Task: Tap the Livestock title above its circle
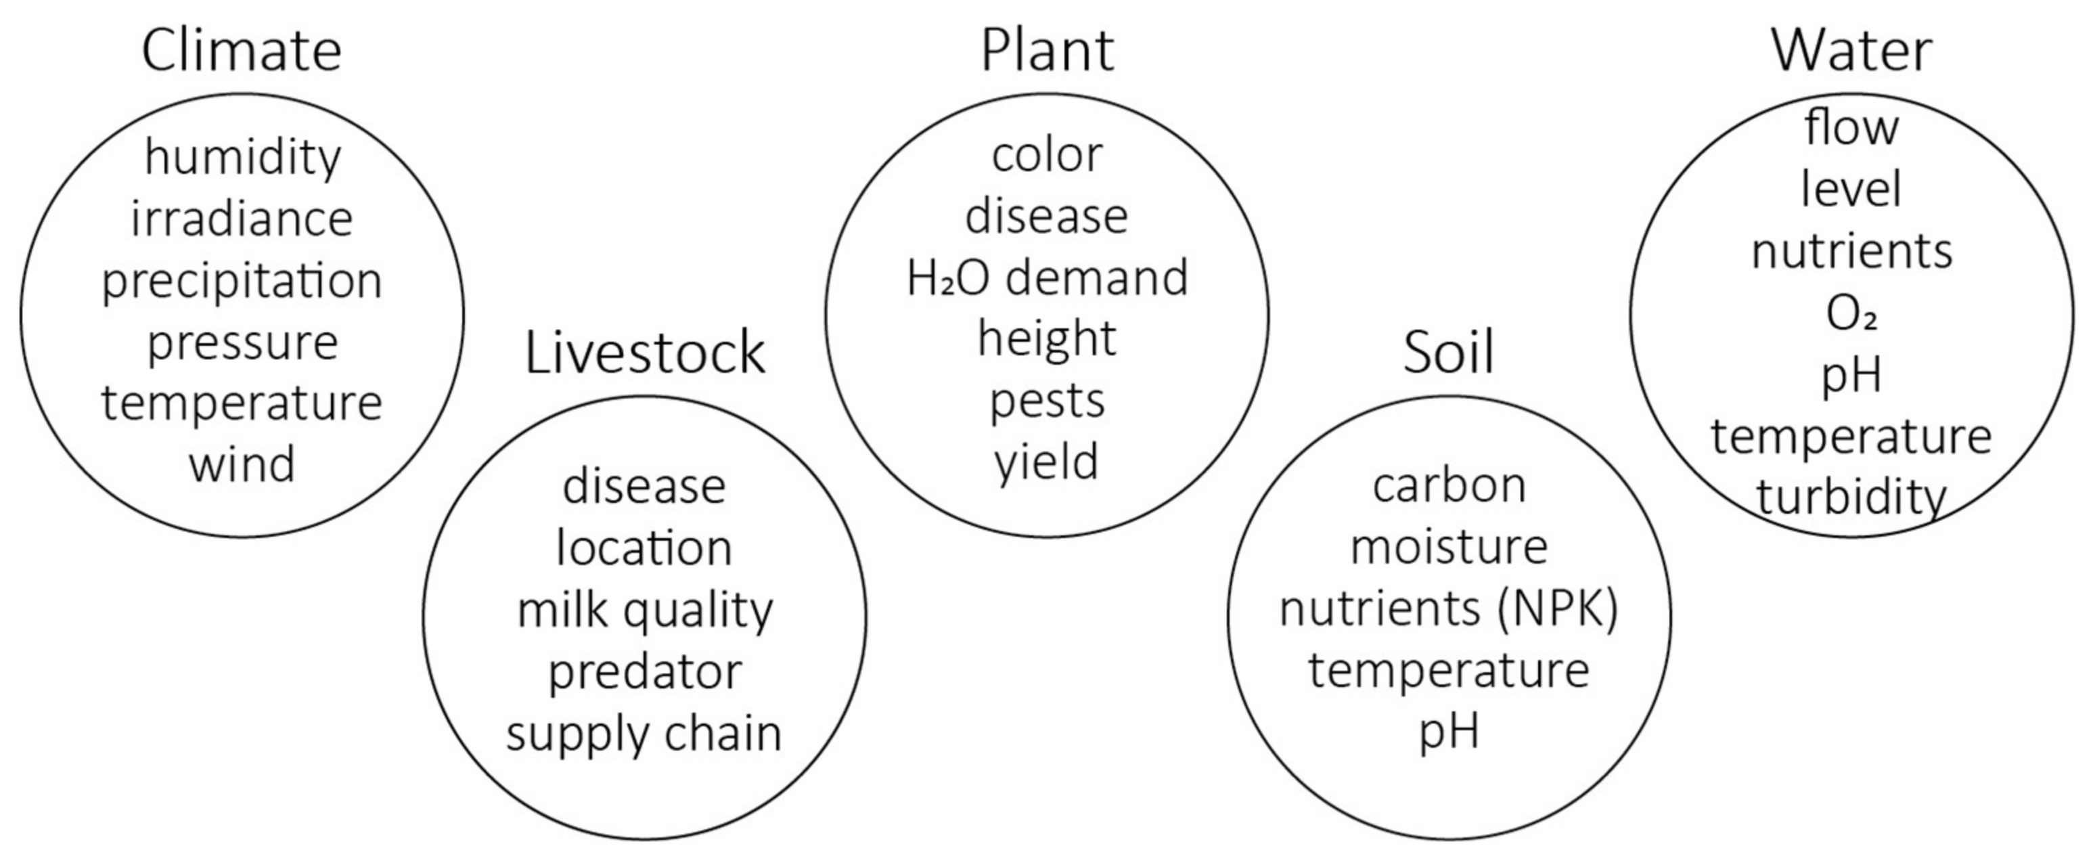click(x=644, y=353)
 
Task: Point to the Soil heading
click(x=1449, y=353)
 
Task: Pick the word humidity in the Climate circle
click(x=242, y=157)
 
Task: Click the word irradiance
click(x=242, y=219)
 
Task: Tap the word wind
click(x=242, y=464)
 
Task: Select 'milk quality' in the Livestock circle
click(x=644, y=611)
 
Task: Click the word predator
click(x=644, y=672)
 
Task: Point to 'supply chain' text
click(x=644, y=733)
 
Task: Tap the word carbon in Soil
click(x=1449, y=486)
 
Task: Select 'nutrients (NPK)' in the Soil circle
click(x=1449, y=609)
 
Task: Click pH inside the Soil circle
click(x=1449, y=732)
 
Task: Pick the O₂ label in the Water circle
click(x=1851, y=314)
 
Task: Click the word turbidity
click(x=1851, y=497)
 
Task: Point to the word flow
click(x=1851, y=129)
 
